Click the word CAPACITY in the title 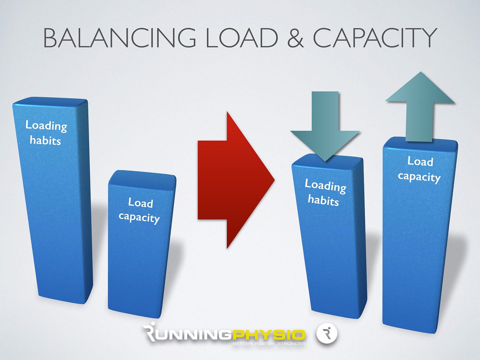point(375,38)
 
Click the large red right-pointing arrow point(236,180)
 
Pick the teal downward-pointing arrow point(325,129)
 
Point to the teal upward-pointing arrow point(419,105)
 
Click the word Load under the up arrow point(420,161)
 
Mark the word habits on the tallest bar point(45,140)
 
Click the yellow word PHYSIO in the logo point(269,335)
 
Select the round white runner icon point(327,334)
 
